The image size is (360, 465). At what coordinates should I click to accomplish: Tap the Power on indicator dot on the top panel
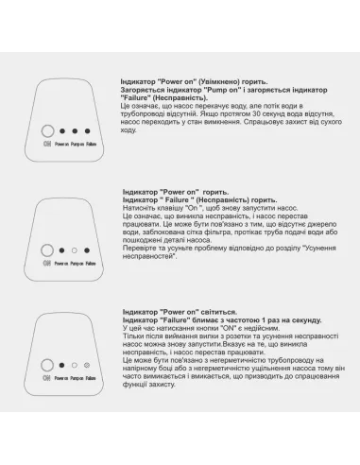[x=62, y=133]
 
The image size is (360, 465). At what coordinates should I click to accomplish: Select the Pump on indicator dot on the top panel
[x=76, y=133]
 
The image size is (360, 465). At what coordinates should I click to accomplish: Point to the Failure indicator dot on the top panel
[x=88, y=133]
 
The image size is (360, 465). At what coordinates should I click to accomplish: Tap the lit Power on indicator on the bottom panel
[x=61, y=364]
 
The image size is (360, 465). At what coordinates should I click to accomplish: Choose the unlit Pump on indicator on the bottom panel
[x=75, y=364]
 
